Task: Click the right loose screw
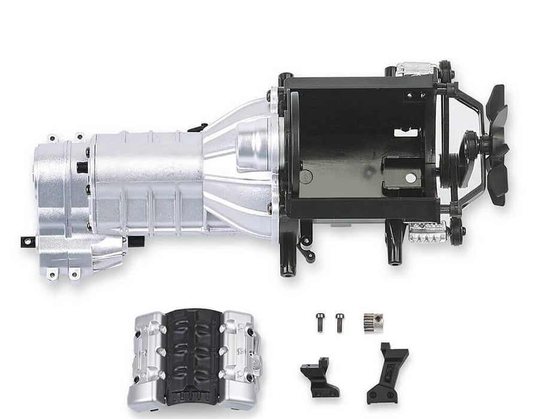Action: coord(340,322)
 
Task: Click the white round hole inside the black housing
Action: coord(410,178)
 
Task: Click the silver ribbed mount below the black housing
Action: coord(429,233)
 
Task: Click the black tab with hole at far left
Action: coord(27,241)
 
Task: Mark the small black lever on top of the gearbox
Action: coord(197,127)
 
